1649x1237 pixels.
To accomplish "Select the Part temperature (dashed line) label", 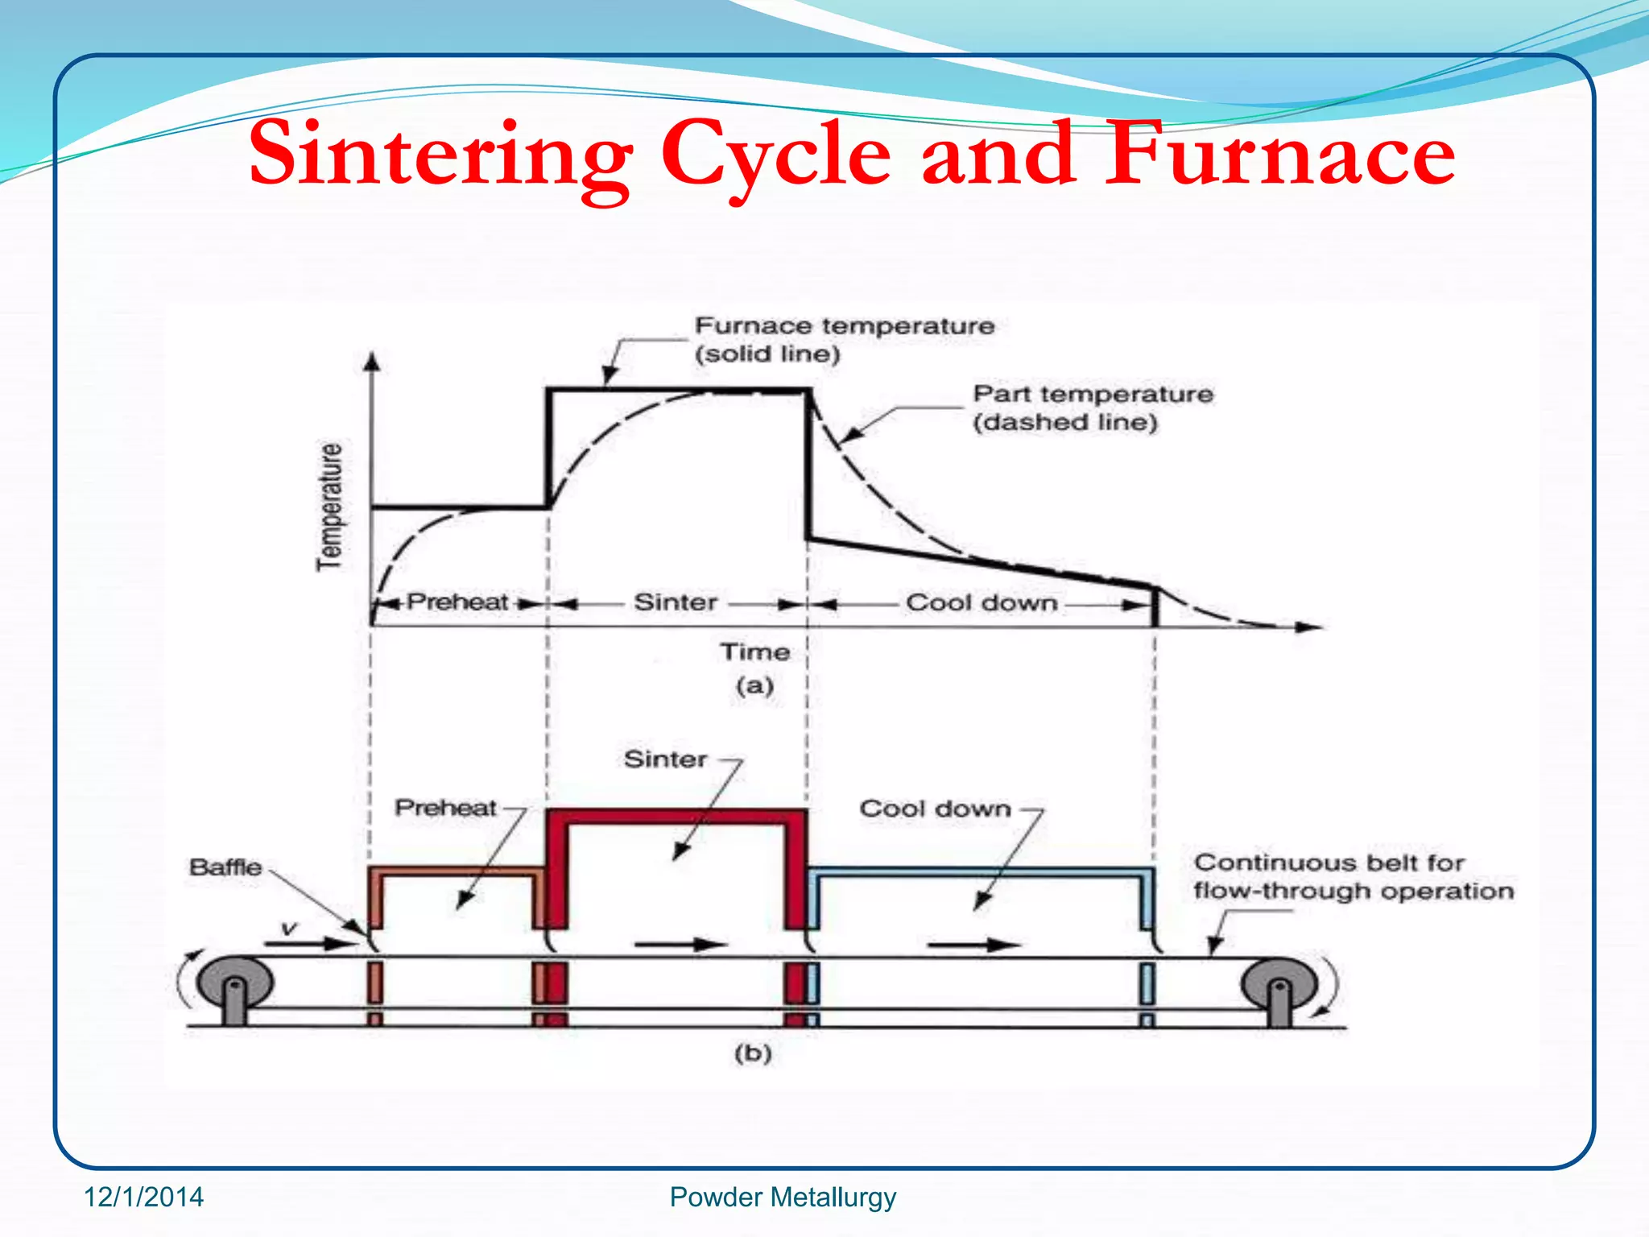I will (x=1092, y=408).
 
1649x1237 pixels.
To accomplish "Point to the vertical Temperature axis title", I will (x=329, y=507).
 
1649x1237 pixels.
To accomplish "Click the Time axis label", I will (x=754, y=652).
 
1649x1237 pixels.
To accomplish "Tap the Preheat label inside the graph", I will (x=457, y=602).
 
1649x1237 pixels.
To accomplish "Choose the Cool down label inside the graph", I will (x=981, y=602).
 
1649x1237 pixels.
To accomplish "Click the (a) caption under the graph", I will (x=754, y=686).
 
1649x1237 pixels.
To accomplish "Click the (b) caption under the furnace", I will (x=753, y=1053).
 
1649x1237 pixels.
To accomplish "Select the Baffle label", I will (x=225, y=867).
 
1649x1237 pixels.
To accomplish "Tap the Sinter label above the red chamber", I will (x=665, y=759).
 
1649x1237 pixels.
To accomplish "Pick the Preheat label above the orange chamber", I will (x=445, y=808).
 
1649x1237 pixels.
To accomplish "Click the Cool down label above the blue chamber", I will (x=935, y=809).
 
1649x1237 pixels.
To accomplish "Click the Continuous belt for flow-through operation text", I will (x=1353, y=876).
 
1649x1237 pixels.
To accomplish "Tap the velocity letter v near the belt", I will (x=289, y=930).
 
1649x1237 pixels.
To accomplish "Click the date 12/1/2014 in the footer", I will (x=144, y=1198).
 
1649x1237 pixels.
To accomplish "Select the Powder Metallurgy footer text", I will (x=783, y=1198).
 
